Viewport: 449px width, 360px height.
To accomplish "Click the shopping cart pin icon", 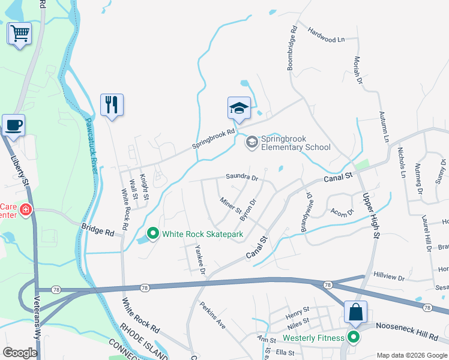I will click(20, 33).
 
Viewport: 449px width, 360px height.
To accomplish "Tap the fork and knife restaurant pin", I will click(112, 105).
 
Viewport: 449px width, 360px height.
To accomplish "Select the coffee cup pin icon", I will click(13, 125).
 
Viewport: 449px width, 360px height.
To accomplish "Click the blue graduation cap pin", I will click(238, 109).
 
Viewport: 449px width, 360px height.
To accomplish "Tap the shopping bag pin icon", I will click(355, 312).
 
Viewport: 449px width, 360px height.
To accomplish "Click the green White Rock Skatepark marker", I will click(153, 233).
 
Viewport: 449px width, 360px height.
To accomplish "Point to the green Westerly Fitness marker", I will click(354, 338).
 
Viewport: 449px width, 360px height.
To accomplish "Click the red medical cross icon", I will click(25, 210).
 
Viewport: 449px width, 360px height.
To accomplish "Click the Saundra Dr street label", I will click(241, 177).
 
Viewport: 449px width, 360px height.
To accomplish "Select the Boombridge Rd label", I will click(292, 47).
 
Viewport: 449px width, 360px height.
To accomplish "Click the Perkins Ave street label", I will click(212, 314).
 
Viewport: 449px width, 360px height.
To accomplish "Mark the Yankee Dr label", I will click(199, 262).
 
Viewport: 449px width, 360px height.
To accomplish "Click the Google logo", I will click(20, 352).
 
